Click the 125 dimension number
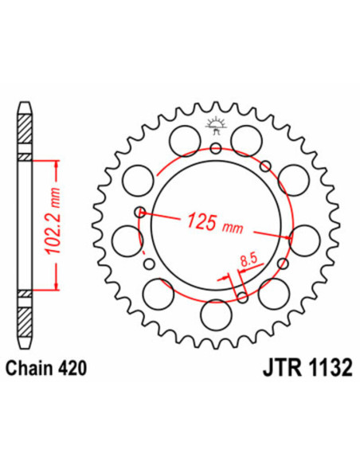201,221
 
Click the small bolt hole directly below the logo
215,147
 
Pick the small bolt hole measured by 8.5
242,299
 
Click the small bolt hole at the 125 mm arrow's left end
140,212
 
